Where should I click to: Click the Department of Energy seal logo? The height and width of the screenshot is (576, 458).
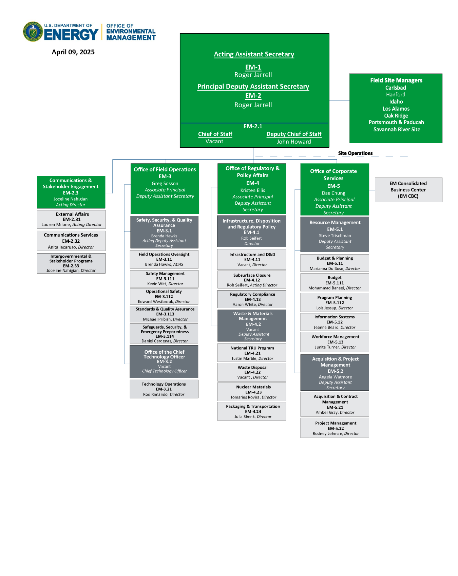[33, 32]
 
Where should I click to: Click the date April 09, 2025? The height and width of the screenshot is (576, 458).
[73, 52]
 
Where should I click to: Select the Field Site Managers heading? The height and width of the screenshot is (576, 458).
[396, 80]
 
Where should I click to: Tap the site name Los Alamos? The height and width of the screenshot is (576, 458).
[396, 109]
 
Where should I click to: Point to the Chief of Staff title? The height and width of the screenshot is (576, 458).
[215, 134]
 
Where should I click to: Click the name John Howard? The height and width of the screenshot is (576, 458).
[293, 142]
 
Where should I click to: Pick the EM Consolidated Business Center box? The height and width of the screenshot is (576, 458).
[408, 190]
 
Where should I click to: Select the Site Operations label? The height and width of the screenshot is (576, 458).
[355, 153]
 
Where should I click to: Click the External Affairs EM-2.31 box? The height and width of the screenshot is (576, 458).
[71, 219]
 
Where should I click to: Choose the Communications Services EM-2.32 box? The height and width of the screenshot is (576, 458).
[71, 241]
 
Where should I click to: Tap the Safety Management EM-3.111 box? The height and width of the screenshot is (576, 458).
[164, 279]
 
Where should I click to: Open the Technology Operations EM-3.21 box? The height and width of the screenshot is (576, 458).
[164, 389]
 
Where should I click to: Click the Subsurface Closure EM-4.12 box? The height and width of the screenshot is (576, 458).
[252, 280]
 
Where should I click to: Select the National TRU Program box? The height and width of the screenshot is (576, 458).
[252, 353]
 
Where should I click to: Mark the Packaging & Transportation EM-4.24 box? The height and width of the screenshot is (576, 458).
[252, 411]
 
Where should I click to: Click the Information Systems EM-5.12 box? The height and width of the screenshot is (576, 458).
[335, 322]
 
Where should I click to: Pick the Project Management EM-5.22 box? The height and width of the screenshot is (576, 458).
[335, 428]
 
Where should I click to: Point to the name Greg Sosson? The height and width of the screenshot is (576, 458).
[165, 184]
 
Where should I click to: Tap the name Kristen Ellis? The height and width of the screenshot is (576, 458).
[252, 190]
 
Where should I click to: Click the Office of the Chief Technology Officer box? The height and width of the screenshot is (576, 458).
[164, 361]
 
